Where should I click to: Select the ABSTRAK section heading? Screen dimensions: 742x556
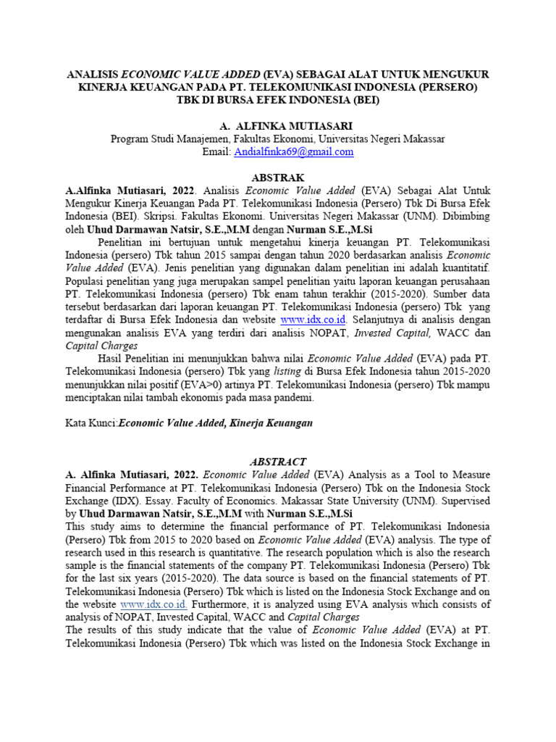click(x=278, y=178)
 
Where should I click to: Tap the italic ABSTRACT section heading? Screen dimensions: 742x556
click(x=278, y=462)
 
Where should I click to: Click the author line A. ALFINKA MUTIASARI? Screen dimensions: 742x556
click(x=278, y=126)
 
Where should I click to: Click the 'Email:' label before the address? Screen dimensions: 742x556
click(x=216, y=152)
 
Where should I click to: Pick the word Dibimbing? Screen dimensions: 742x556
click(x=465, y=217)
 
